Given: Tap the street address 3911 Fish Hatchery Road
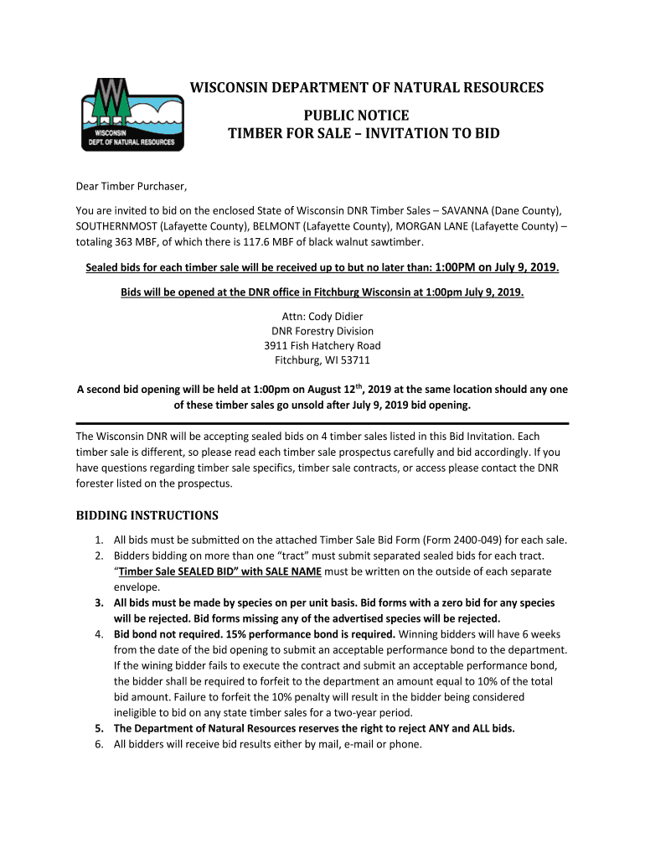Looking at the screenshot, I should [322, 346].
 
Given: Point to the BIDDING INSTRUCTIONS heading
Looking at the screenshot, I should [147, 515].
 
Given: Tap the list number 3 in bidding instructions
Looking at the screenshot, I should [98, 602].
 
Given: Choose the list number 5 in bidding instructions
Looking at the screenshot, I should [98, 728].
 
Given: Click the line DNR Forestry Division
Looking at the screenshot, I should [322, 331].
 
